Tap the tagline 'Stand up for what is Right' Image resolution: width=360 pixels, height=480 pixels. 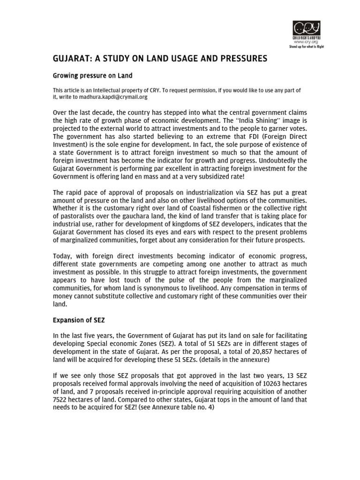307,47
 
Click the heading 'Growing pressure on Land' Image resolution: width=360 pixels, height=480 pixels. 92,75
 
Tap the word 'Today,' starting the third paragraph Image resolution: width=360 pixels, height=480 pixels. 62,255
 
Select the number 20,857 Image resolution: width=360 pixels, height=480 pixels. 263,353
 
